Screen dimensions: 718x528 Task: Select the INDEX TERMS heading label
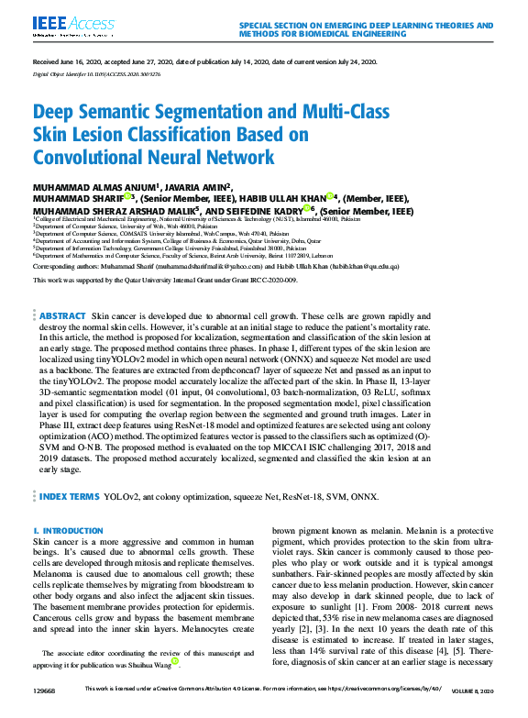coord(70,496)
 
